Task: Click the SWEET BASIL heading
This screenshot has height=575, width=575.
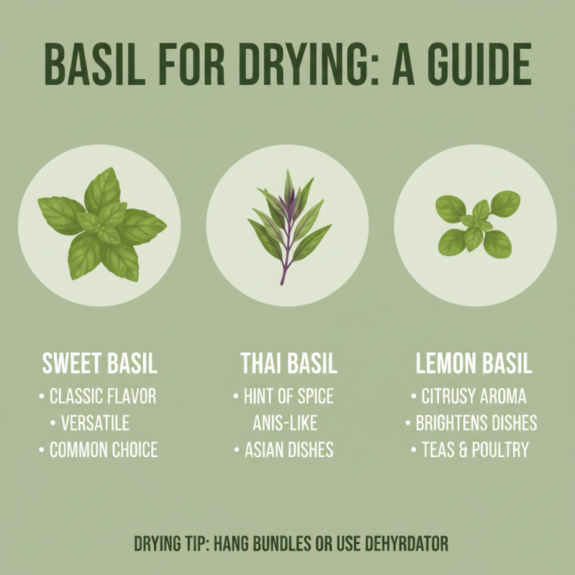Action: coord(100,364)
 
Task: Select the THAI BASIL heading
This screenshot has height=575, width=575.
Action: coord(288,364)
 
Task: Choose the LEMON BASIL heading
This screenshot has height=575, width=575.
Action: coord(474,364)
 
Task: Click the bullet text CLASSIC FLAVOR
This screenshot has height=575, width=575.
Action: coord(102,396)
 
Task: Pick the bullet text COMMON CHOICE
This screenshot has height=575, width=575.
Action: coord(103,451)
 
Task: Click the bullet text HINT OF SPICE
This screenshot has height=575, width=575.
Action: coord(288,396)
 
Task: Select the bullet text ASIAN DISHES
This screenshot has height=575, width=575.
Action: coord(288,451)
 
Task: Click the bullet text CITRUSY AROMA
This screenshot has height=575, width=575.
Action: coord(474,396)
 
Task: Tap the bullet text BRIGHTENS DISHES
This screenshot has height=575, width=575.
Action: coord(476,423)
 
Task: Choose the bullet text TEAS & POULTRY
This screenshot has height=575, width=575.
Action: coord(474,451)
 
